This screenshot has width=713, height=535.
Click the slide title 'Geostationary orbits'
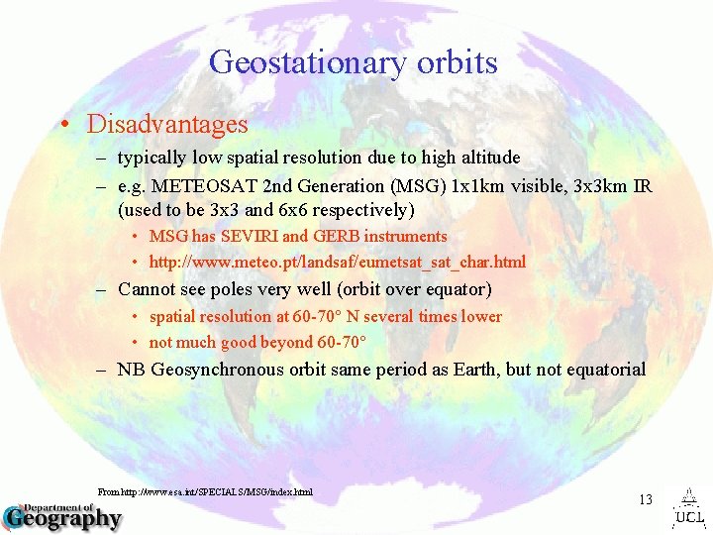[x=353, y=62]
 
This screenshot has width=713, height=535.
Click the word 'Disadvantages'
[x=167, y=125]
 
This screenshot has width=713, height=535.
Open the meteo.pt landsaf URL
[x=337, y=263]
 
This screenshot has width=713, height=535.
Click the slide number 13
[x=645, y=499]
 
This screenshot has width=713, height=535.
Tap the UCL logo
[x=689, y=508]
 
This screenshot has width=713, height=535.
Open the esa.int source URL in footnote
[x=205, y=491]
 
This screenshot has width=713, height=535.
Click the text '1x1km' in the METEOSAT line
[x=480, y=186]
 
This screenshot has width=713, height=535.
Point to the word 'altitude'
[x=486, y=158]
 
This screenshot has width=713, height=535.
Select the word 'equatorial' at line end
[x=604, y=370]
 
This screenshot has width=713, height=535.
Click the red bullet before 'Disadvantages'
[x=62, y=126]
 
